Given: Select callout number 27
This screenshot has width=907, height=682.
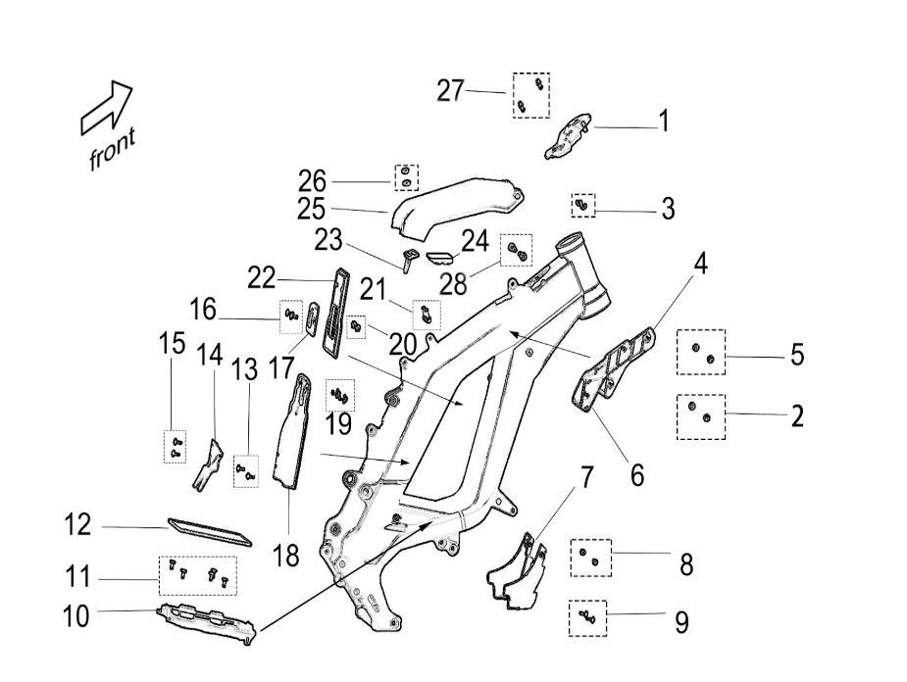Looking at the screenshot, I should coord(450,91).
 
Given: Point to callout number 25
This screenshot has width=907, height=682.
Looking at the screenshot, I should coord(312,209).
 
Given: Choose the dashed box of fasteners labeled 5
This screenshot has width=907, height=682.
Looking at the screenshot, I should coord(701,352).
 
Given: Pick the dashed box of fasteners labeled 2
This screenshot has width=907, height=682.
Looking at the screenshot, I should coord(701,416).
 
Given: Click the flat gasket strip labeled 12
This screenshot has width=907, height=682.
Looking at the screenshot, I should coord(210,530).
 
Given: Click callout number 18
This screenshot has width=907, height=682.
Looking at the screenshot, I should coord(285,557).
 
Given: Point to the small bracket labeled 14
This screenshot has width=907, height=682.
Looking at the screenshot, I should coord(209,463).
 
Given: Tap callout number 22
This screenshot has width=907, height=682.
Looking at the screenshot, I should coord(262,279).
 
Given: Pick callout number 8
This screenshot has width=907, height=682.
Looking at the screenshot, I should coord(685,564).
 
